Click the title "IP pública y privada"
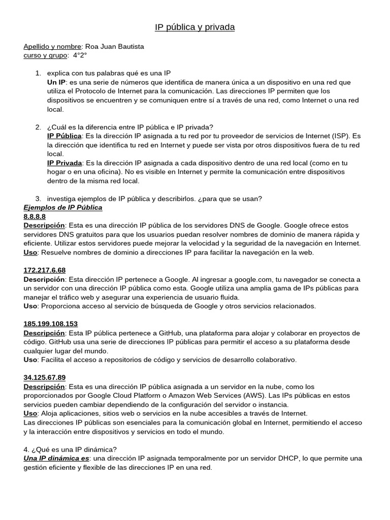(194, 27)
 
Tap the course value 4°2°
(80, 55)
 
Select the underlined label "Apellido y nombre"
(52, 47)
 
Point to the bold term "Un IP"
(56, 82)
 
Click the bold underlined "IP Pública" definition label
(64, 136)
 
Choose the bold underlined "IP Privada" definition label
(64, 163)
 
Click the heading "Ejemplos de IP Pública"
(63, 208)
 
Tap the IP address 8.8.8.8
(35, 217)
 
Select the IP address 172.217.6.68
(45, 270)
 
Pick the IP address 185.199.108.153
(50, 324)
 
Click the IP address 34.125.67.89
(45, 377)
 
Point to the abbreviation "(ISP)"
(341, 136)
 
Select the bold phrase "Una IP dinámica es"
(56, 458)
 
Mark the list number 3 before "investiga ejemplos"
(38, 199)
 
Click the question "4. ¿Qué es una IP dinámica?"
(70, 449)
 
